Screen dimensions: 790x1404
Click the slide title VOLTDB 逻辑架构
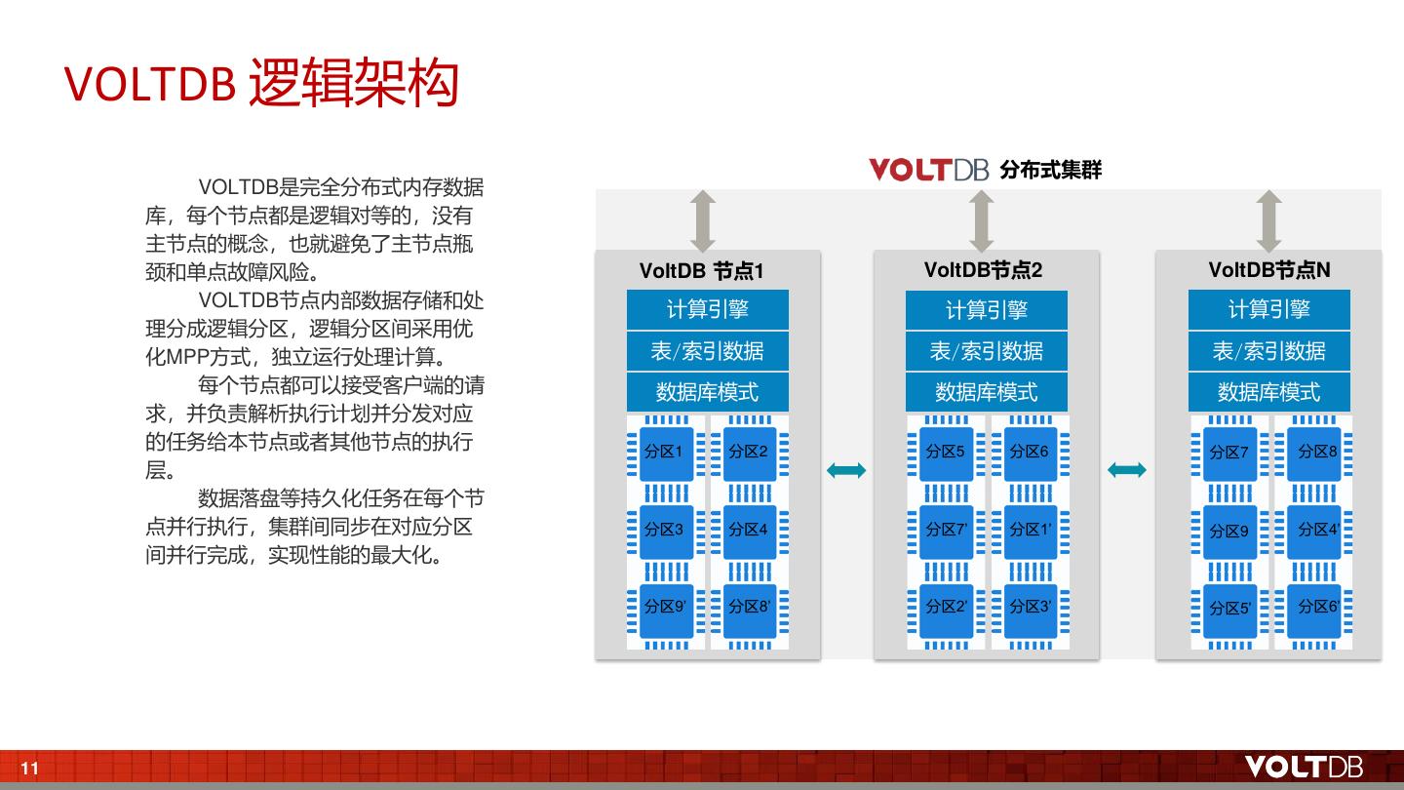point(261,84)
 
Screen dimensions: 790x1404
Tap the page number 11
point(30,769)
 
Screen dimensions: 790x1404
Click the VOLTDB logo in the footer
point(1304,767)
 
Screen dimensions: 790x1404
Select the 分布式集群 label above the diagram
point(1050,170)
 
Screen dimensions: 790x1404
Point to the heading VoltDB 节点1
point(701,271)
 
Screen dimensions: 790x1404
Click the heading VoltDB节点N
point(1268,270)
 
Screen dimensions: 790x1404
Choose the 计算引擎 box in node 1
point(707,309)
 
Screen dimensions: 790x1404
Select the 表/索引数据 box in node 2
point(986,351)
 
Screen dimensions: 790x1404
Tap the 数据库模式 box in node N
point(1268,392)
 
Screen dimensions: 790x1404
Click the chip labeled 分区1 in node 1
point(665,453)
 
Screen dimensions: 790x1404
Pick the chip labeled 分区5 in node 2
point(946,453)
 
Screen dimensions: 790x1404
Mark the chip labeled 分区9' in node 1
point(665,607)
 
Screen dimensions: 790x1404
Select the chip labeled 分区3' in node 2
point(1030,607)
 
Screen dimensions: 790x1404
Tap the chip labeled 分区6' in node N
point(1314,608)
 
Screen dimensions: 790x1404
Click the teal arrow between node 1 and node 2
point(845,471)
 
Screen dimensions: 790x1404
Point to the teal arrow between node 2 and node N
point(1127,470)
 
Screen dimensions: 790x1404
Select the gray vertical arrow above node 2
point(982,220)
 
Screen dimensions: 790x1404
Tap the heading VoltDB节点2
point(983,270)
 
